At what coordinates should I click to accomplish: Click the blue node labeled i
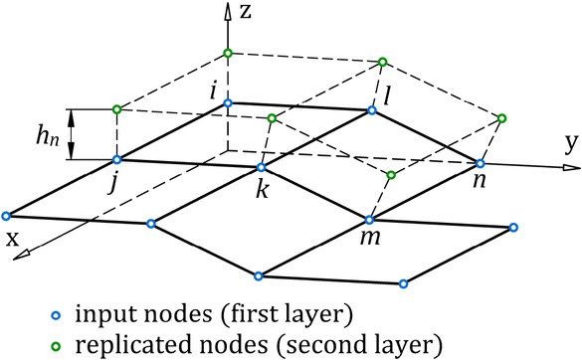pyautogui.click(x=228, y=102)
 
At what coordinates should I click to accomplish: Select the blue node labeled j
pyautogui.click(x=116, y=159)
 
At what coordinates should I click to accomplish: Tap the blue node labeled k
pyautogui.click(x=260, y=167)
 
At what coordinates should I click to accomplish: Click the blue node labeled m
pyautogui.click(x=369, y=220)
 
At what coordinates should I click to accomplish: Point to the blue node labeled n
pyautogui.click(x=481, y=163)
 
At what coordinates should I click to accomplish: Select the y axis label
pyautogui.click(x=570, y=142)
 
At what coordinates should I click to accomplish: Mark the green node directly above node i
pyautogui.click(x=228, y=52)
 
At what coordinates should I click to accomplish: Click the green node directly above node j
pyautogui.click(x=116, y=108)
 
